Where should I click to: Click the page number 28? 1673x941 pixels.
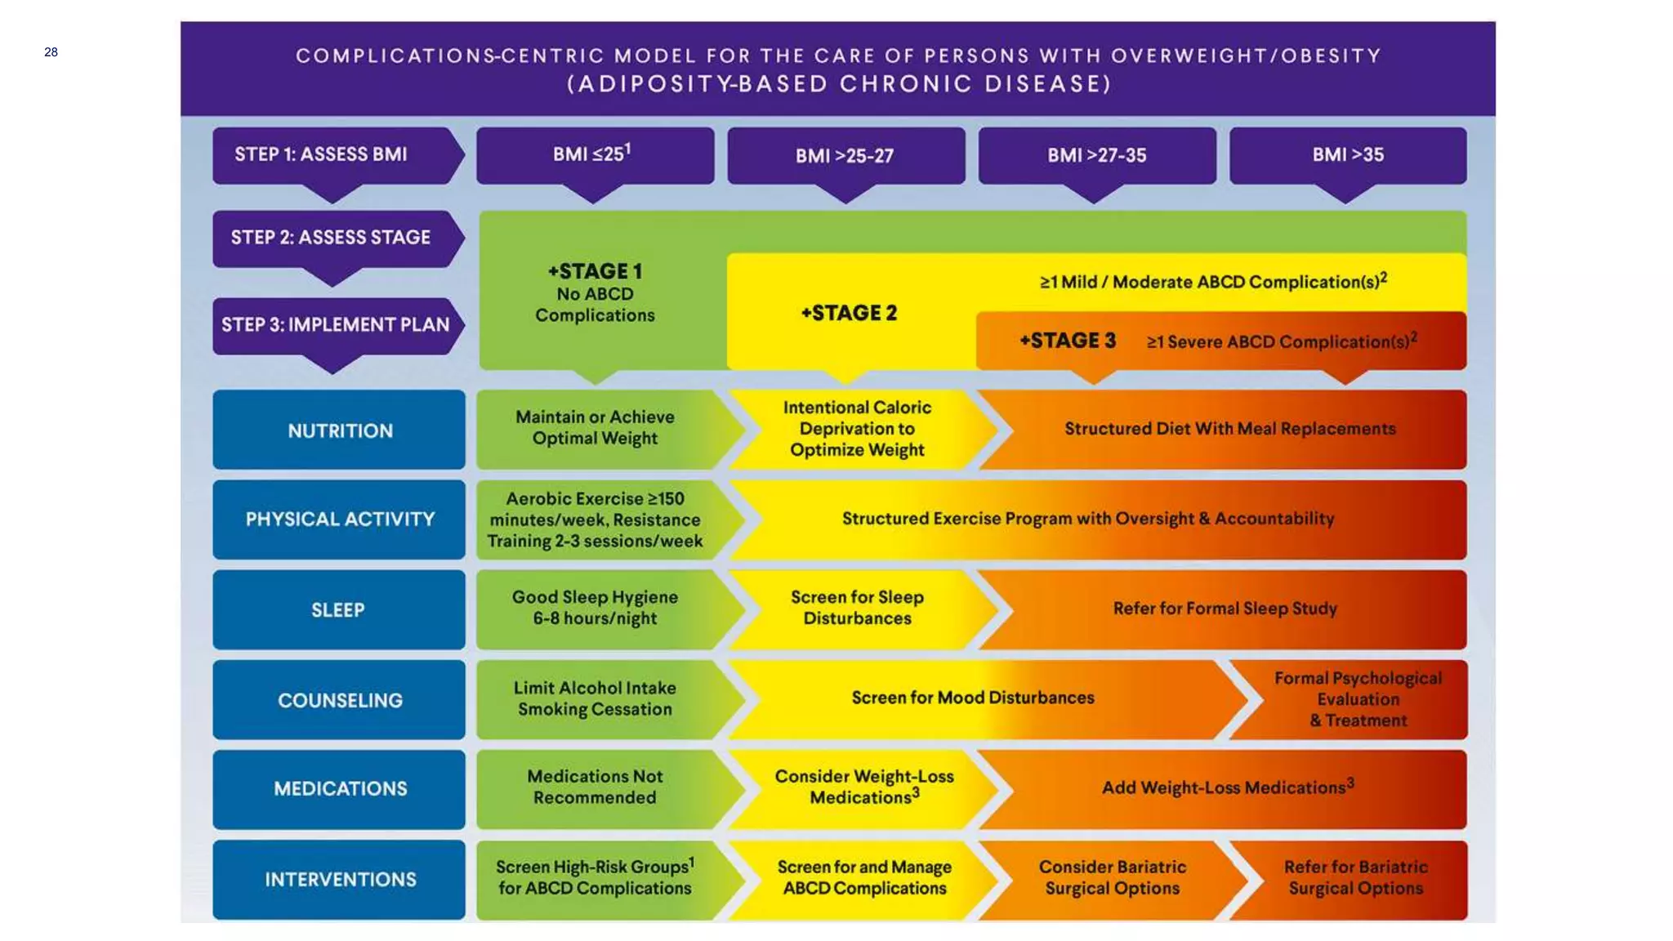[51, 52]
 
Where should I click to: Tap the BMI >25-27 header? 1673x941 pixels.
[845, 155]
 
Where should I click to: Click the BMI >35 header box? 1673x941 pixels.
[1347, 155]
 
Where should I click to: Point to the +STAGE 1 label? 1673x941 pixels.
[595, 271]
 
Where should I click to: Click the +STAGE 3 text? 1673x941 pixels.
[1067, 341]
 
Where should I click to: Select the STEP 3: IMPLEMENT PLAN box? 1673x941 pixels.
[335, 325]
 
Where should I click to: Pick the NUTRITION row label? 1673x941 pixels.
[339, 430]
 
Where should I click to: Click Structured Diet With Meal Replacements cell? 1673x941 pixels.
[1229, 429]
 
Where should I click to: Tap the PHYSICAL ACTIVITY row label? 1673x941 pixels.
[339, 520]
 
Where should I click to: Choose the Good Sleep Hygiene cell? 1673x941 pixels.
[595, 609]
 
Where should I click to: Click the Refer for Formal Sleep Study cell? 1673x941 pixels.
[1225, 609]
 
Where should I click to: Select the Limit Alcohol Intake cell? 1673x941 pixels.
[595, 699]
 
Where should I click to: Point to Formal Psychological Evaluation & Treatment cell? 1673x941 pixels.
[1358, 699]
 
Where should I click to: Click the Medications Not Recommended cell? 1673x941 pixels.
[595, 787]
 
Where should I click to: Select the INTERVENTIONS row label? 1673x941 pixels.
[339, 880]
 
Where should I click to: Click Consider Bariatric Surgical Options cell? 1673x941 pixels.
[1112, 878]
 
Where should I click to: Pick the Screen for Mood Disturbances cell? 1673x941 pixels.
[972, 698]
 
